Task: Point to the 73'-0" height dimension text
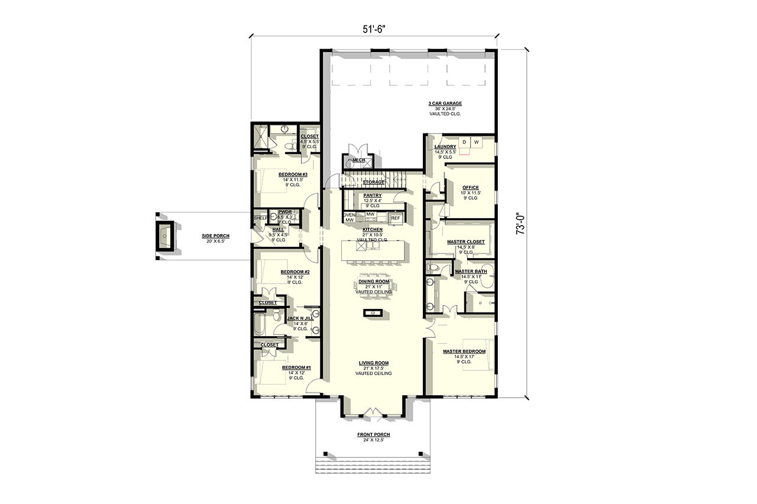[520, 224]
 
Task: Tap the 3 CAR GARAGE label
[445, 103]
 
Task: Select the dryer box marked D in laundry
[464, 142]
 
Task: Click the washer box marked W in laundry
[475, 142]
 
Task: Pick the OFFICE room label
[470, 188]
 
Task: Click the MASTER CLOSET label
[465, 242]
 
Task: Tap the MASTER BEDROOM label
[464, 352]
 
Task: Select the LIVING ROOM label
[373, 363]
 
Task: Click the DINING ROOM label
[373, 282]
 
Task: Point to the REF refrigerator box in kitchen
[395, 218]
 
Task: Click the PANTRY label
[373, 196]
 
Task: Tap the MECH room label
[358, 160]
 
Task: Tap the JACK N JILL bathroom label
[296, 318]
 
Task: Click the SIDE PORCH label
[215, 236]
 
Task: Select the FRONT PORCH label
[373, 434]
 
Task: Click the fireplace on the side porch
[165, 236]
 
